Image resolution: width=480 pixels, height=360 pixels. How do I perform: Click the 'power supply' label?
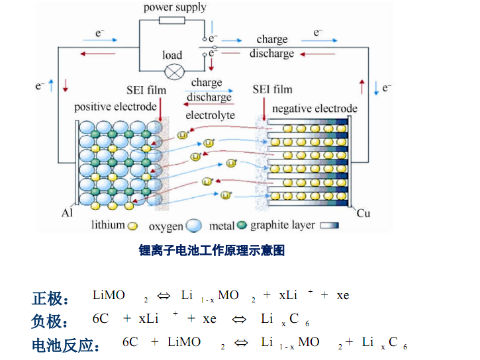tap(175, 8)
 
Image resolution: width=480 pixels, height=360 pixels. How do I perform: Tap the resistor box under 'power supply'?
tap(172, 21)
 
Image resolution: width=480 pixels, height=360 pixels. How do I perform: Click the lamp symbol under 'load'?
tap(175, 72)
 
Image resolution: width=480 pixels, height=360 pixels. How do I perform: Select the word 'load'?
tap(172, 55)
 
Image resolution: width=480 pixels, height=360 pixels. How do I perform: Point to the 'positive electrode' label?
tap(115, 107)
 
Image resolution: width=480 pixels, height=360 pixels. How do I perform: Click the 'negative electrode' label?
tap(314, 109)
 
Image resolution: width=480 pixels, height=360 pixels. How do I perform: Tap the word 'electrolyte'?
tap(211, 115)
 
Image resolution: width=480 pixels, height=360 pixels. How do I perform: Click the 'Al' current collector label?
tap(67, 213)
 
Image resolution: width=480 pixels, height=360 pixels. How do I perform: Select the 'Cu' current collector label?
tap(363, 213)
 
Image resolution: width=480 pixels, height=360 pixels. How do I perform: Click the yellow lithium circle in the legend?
tap(132, 226)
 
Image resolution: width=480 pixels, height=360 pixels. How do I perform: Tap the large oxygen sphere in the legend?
tap(194, 226)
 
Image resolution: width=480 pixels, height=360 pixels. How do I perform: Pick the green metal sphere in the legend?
tap(242, 225)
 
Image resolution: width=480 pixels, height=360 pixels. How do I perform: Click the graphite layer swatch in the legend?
tap(330, 226)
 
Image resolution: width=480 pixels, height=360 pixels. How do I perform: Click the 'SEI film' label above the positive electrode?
tap(146, 90)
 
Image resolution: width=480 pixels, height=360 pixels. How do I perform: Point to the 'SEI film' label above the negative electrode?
tap(273, 89)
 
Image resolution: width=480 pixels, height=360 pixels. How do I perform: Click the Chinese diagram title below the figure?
tap(212, 250)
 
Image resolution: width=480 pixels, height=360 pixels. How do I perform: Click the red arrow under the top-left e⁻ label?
tap(98, 54)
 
